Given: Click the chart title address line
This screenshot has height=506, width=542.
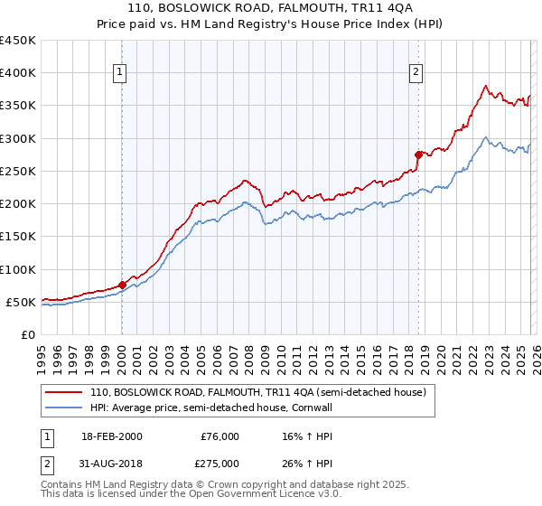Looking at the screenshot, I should coord(271,7).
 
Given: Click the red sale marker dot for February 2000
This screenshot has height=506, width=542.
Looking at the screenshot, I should coord(122,285).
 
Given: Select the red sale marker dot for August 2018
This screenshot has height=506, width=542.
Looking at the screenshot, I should coord(418,155).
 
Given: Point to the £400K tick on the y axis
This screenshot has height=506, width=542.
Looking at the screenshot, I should coord(18,73).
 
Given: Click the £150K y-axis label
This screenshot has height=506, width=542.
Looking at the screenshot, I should coord(18,237).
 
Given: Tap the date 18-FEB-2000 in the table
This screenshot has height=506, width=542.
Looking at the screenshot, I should coord(110,436).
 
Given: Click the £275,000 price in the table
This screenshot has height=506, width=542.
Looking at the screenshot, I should coord(220,463).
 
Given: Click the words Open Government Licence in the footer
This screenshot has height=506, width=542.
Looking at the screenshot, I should coord(245,495).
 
